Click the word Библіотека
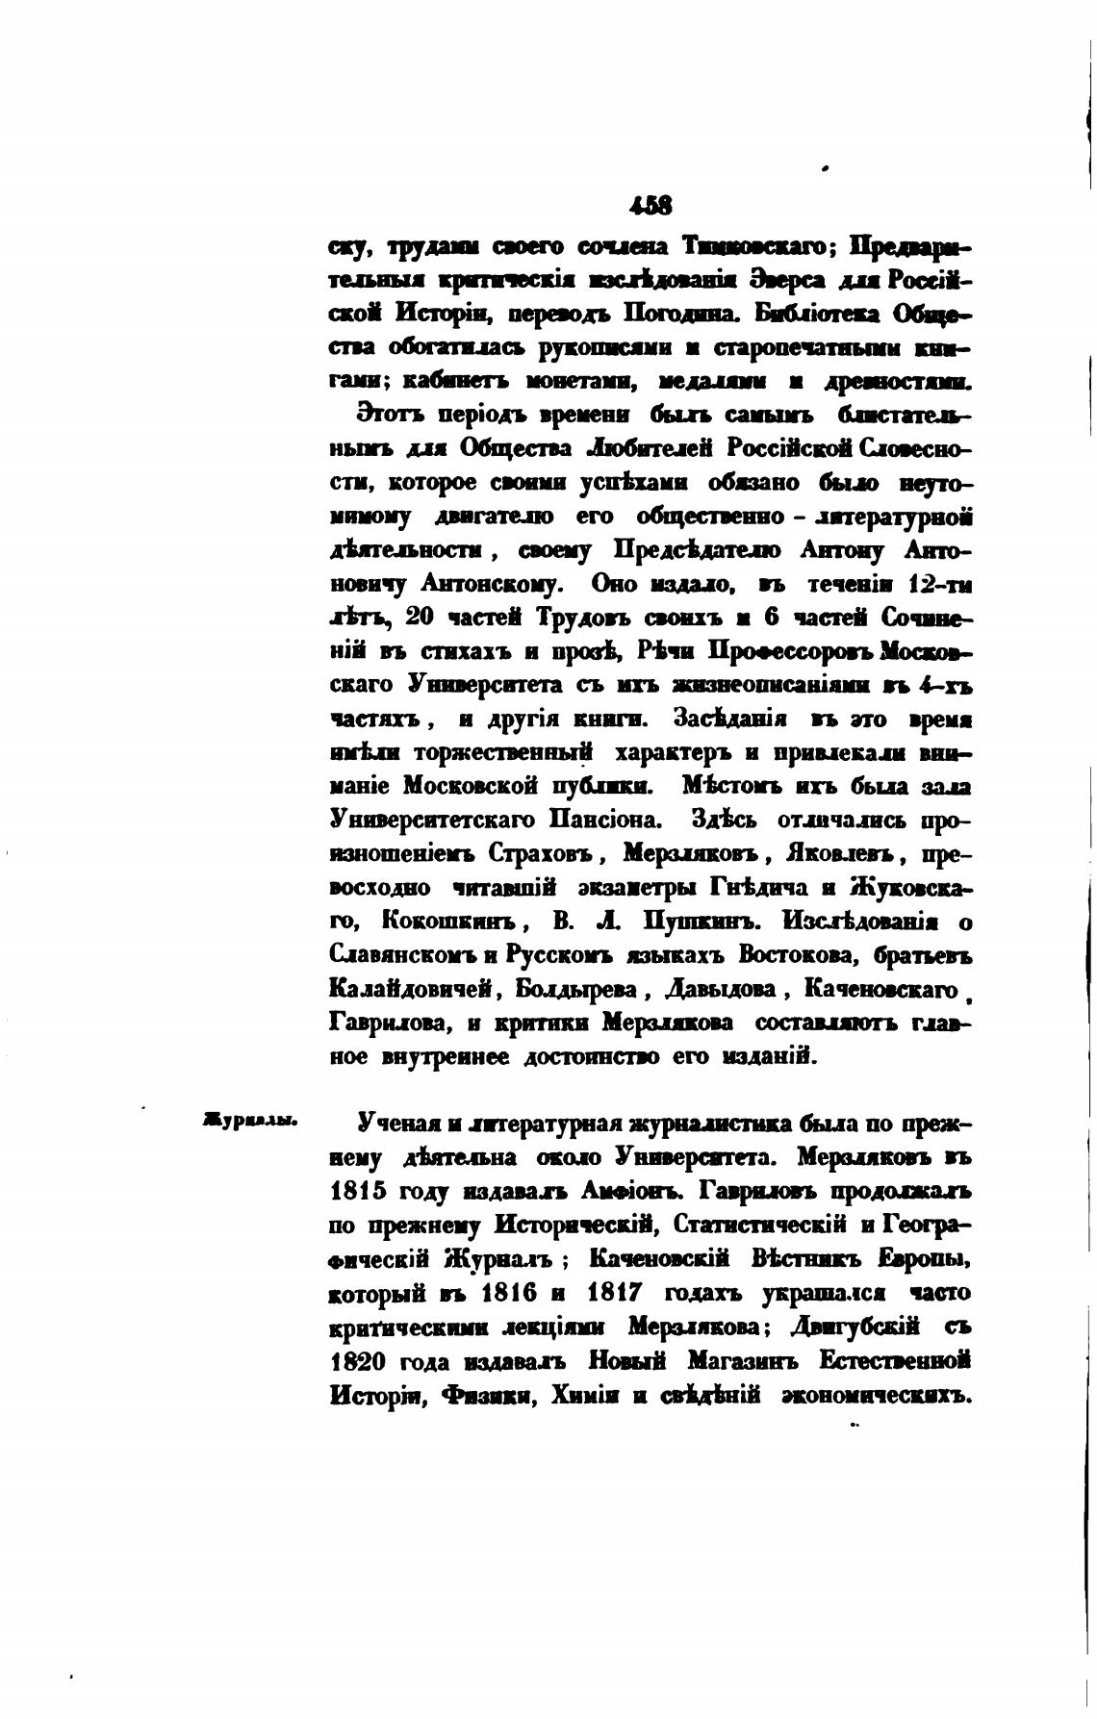(819, 315)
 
